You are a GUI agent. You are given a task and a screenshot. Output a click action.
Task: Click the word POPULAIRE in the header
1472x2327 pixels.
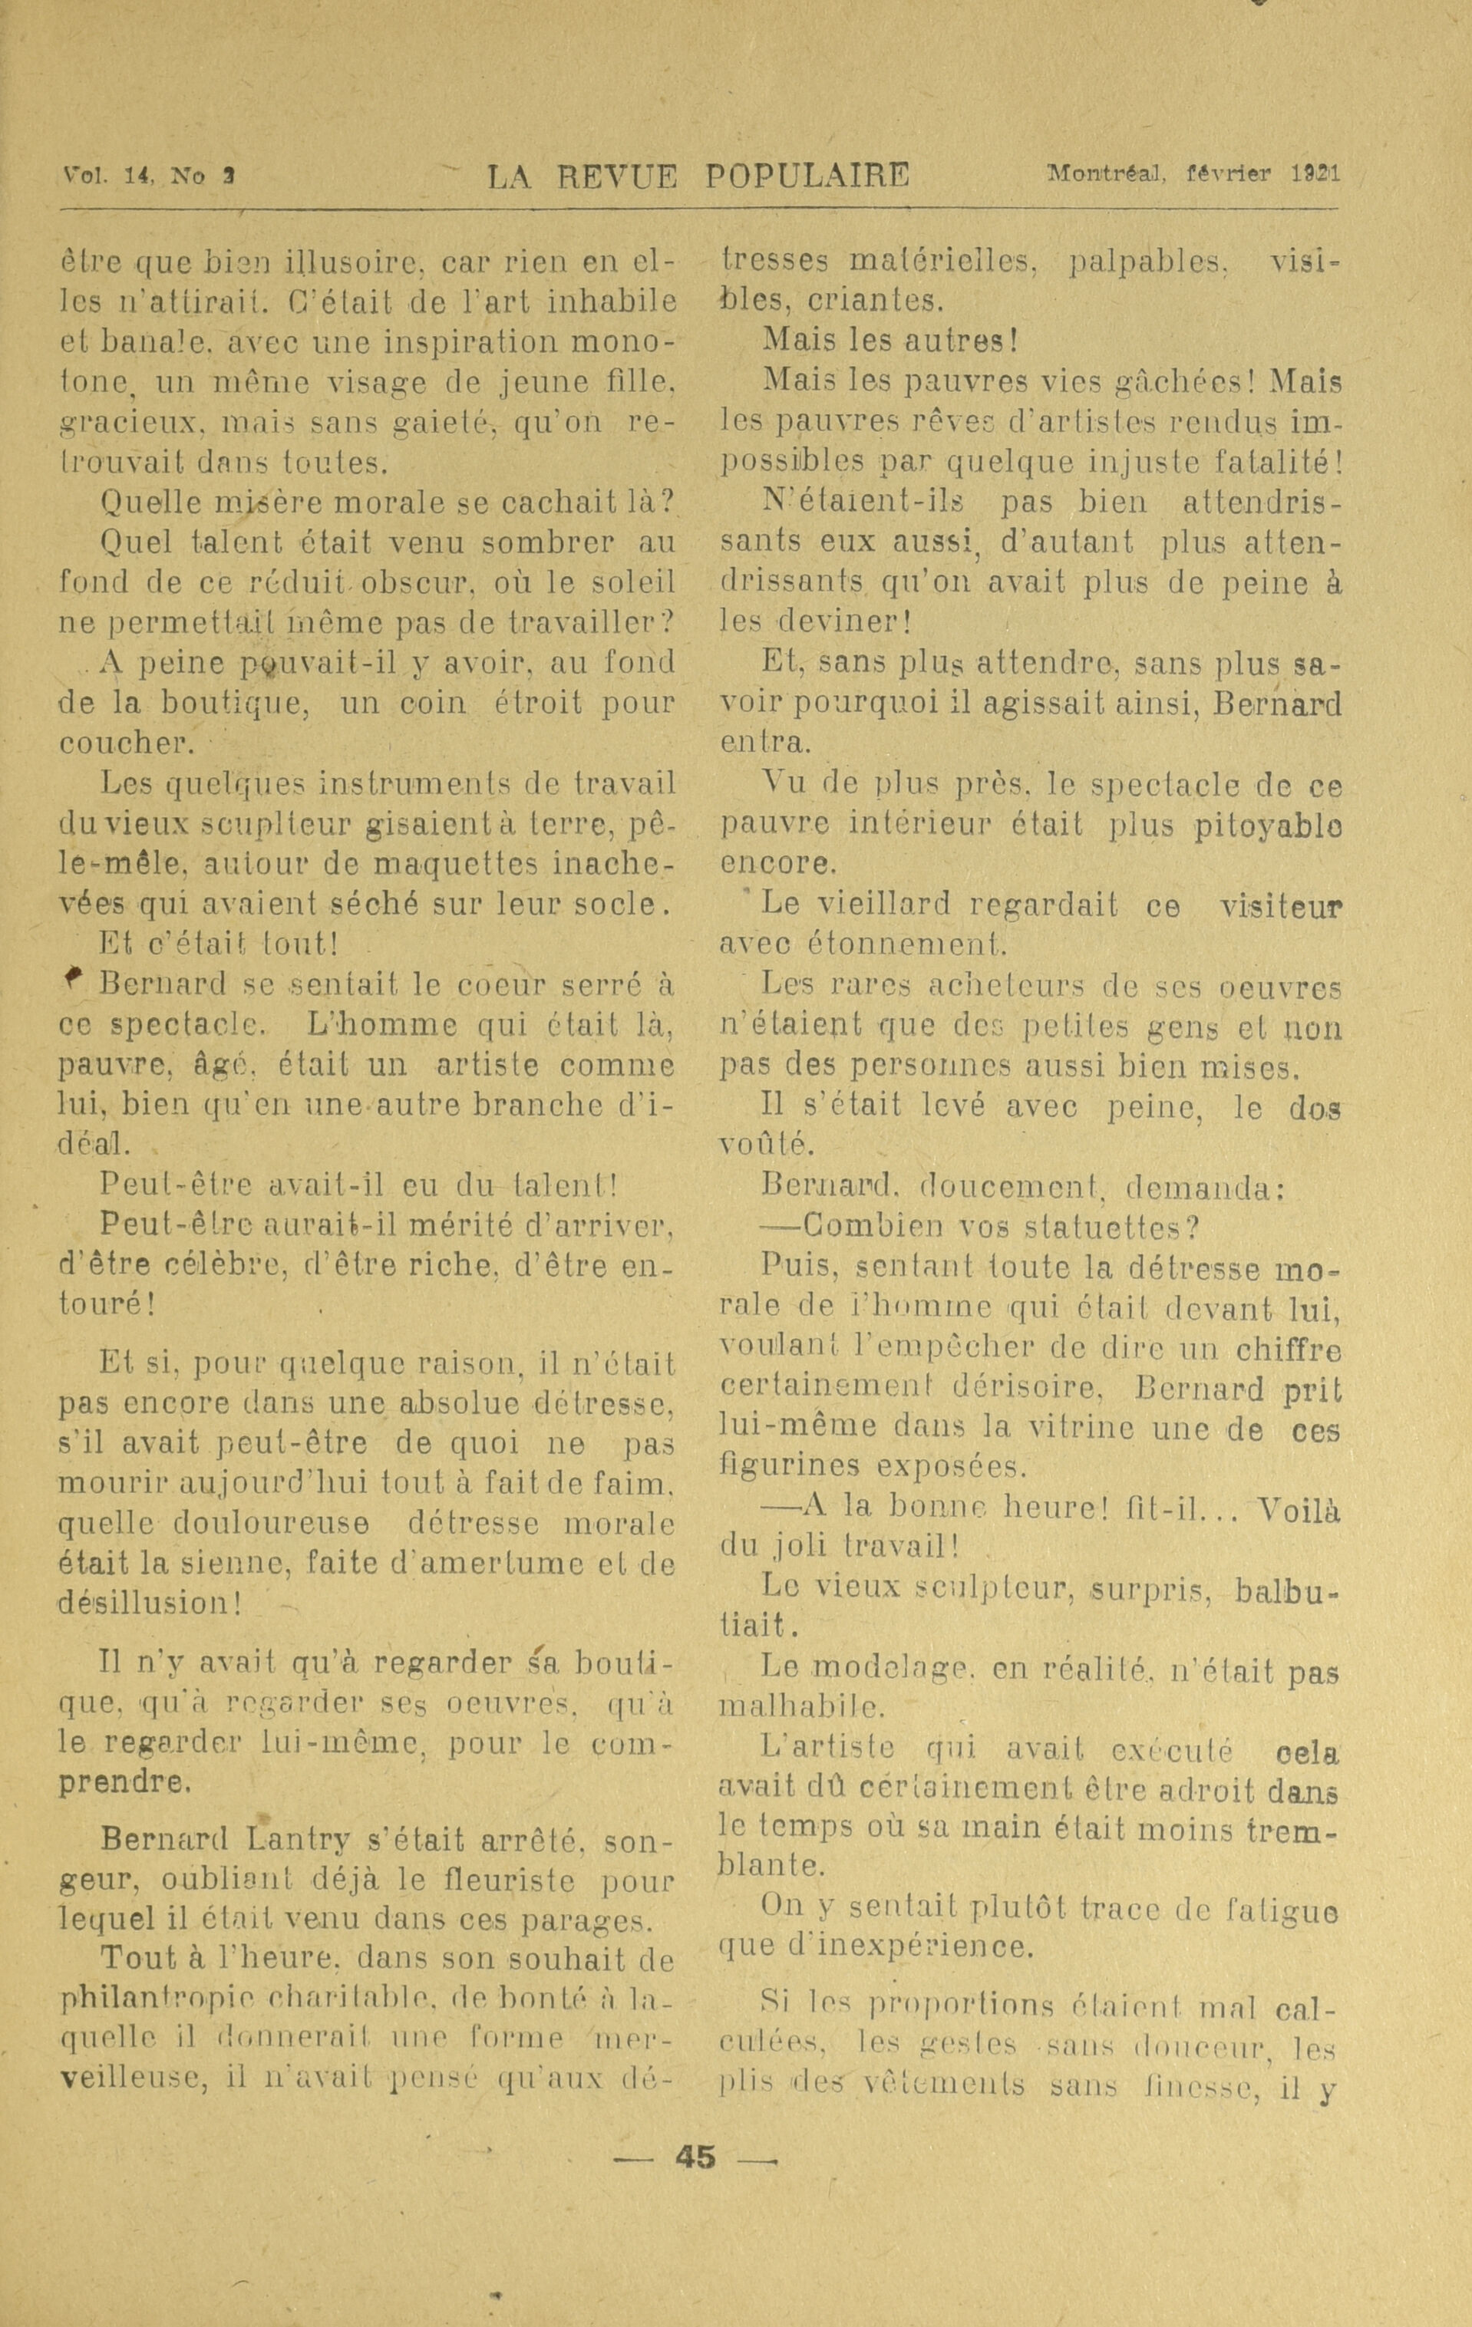[807, 176]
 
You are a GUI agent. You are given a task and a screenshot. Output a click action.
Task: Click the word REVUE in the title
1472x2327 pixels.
[610, 176]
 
